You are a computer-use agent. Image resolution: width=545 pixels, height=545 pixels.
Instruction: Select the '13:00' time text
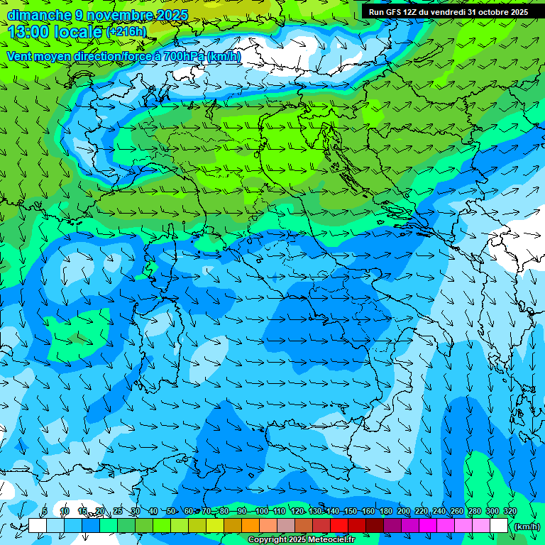point(29,31)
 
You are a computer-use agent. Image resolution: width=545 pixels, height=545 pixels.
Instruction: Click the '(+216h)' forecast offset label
point(126,31)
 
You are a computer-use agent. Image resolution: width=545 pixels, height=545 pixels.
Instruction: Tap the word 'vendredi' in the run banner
point(444,12)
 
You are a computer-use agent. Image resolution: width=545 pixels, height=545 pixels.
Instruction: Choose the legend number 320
point(510,512)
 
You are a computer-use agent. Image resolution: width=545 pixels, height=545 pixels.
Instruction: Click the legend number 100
point(261,512)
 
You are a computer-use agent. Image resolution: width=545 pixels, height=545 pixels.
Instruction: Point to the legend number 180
point(385,512)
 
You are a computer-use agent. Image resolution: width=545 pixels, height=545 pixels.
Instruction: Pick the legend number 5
point(45,512)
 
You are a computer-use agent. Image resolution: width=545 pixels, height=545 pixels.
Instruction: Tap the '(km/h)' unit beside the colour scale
point(526,526)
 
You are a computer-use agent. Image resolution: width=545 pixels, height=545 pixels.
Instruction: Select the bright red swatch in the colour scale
point(339,526)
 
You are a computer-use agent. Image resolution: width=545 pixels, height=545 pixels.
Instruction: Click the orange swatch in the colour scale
point(251,526)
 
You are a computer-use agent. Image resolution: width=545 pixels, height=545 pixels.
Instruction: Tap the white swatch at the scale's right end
point(499,526)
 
